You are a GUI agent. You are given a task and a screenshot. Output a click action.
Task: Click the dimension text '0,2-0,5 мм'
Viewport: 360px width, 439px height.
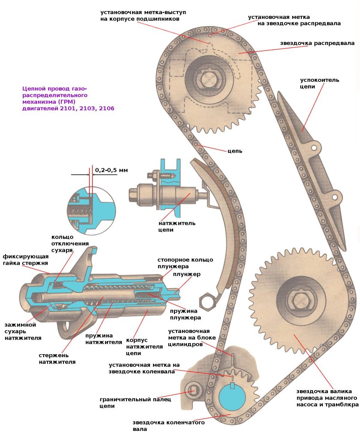point(111,170)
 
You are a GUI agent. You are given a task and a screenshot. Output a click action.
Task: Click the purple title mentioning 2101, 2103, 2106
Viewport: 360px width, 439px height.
point(68,99)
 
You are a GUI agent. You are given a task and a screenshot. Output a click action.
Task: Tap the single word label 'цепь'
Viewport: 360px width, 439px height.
point(235,151)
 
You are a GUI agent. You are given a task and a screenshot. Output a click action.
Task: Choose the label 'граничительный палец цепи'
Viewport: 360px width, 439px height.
point(135,402)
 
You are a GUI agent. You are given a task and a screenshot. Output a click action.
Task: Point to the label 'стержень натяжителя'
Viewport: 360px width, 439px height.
point(57,358)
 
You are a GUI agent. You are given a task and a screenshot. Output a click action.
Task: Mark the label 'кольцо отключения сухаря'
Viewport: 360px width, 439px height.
point(63,243)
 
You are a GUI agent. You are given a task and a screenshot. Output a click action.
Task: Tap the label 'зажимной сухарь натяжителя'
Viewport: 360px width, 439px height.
point(23,331)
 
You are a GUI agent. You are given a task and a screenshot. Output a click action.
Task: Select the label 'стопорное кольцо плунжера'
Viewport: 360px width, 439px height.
point(185,263)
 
